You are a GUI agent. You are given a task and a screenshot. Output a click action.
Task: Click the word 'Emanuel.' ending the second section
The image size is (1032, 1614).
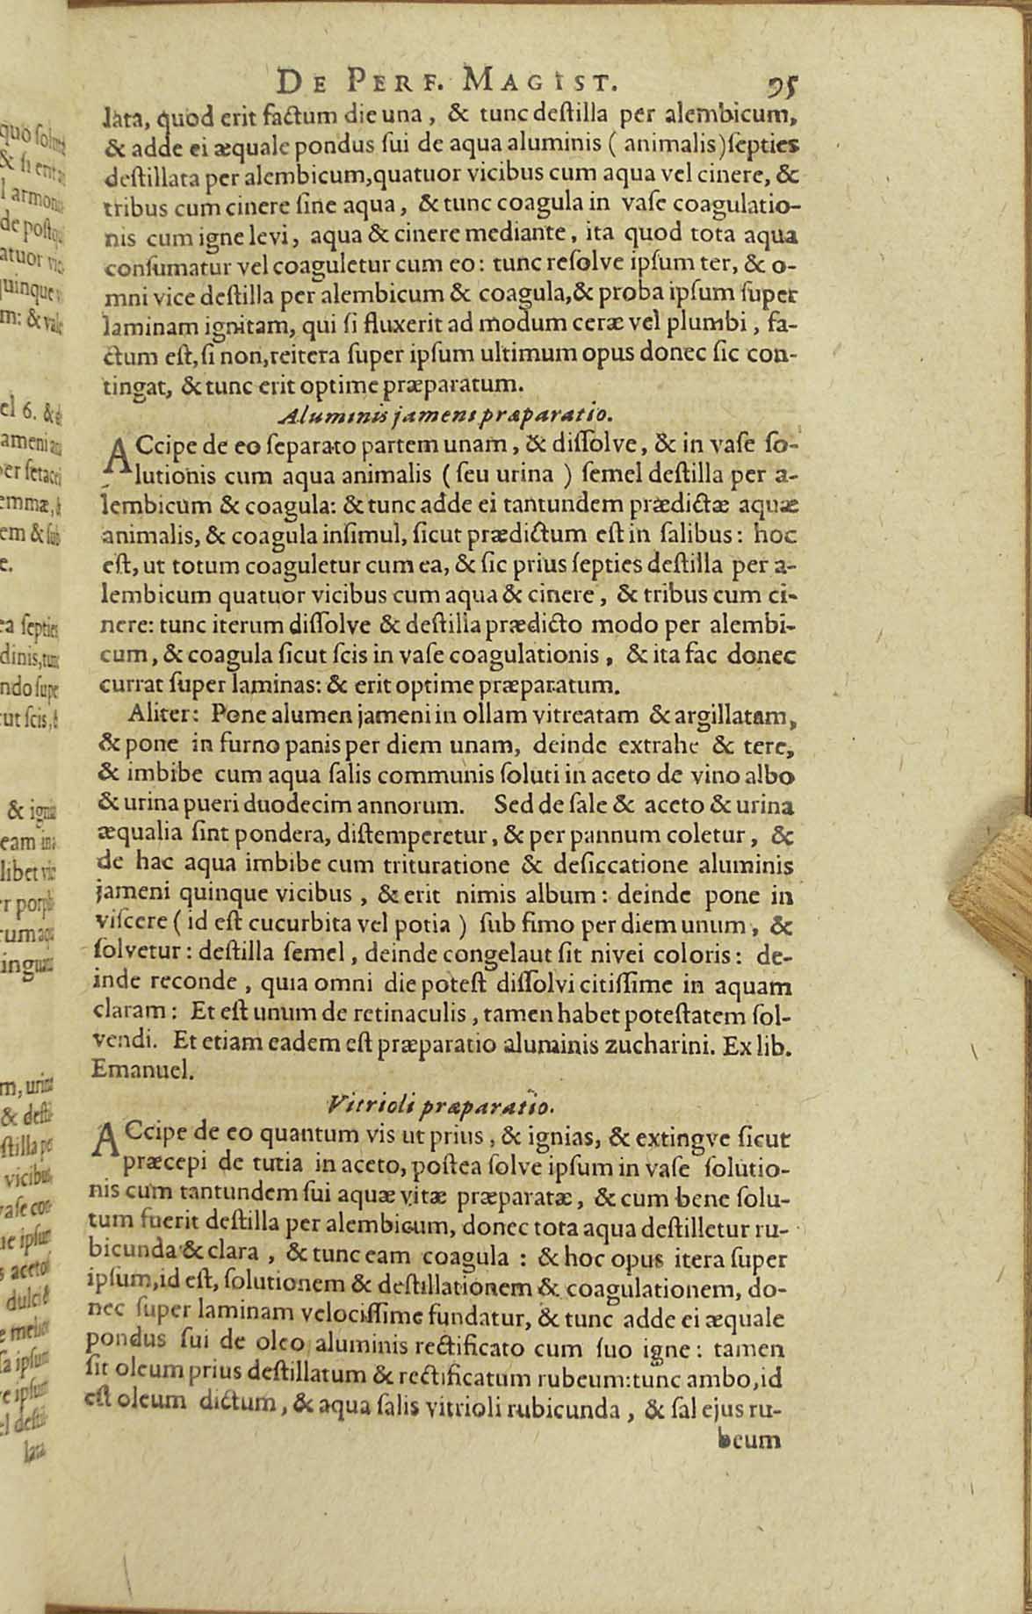pos(135,1070)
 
